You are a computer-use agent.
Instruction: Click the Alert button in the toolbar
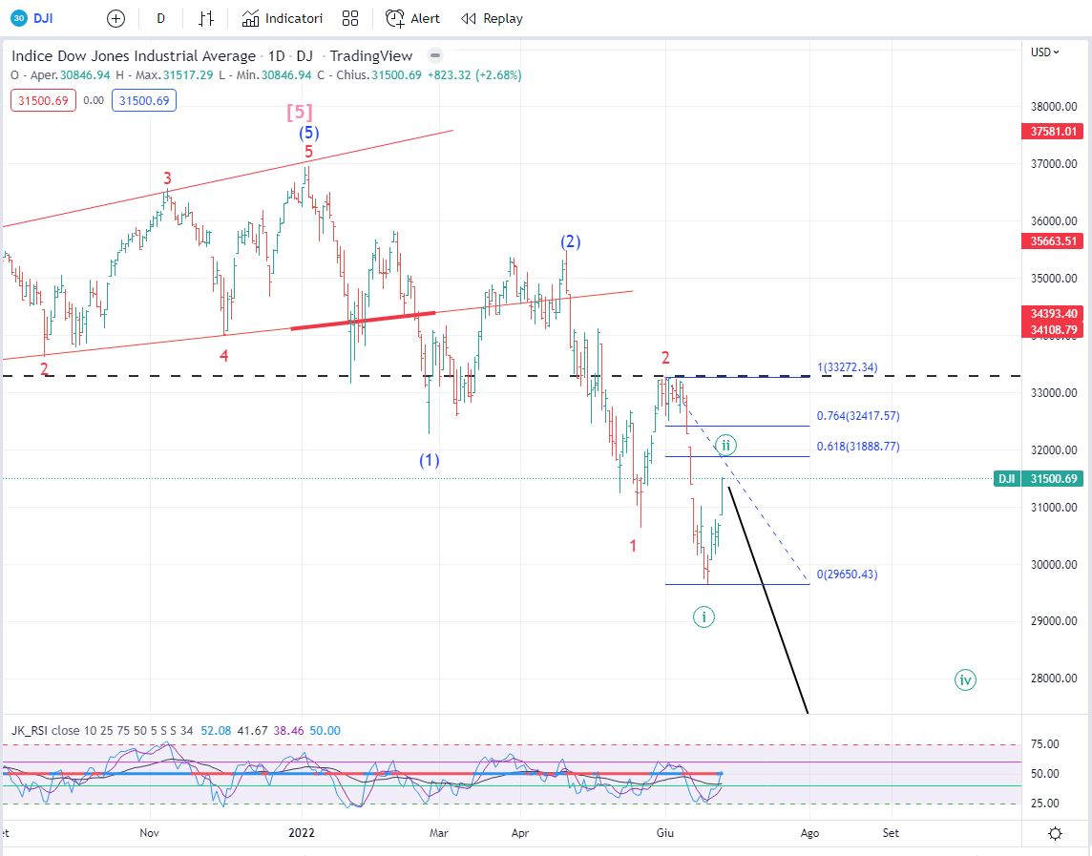[413, 18]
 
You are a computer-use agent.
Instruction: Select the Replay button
[492, 18]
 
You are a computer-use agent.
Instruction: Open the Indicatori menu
[283, 18]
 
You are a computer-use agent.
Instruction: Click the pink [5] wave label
[300, 113]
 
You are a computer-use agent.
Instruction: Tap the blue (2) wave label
[570, 242]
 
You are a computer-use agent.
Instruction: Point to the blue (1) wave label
[430, 460]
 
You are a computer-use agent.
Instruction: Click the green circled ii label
[725, 444]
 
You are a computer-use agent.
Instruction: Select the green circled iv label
[965, 680]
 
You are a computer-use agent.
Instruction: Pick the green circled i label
[703, 616]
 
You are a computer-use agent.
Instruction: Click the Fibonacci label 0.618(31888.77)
[858, 446]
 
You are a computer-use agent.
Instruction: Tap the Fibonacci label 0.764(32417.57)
[858, 416]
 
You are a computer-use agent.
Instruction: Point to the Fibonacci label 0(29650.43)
[848, 574]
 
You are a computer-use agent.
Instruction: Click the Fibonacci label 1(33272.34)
[847, 366]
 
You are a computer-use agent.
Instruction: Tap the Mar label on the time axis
[438, 833]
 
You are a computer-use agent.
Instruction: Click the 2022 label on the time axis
[302, 833]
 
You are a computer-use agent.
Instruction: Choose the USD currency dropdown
[1045, 52]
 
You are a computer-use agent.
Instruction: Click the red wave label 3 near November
[167, 177]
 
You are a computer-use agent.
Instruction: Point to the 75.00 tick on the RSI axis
[1046, 744]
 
